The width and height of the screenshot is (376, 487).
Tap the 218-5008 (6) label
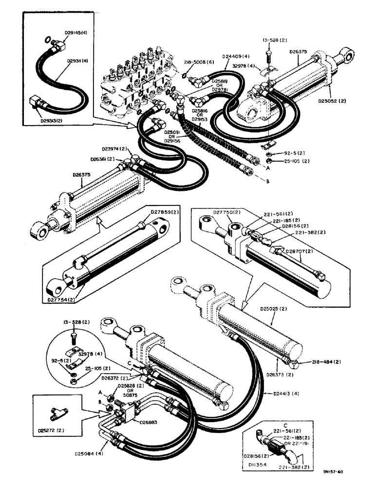pos(197,62)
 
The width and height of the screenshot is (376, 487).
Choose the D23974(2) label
pos(113,149)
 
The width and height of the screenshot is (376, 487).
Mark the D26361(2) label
pos(103,159)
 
